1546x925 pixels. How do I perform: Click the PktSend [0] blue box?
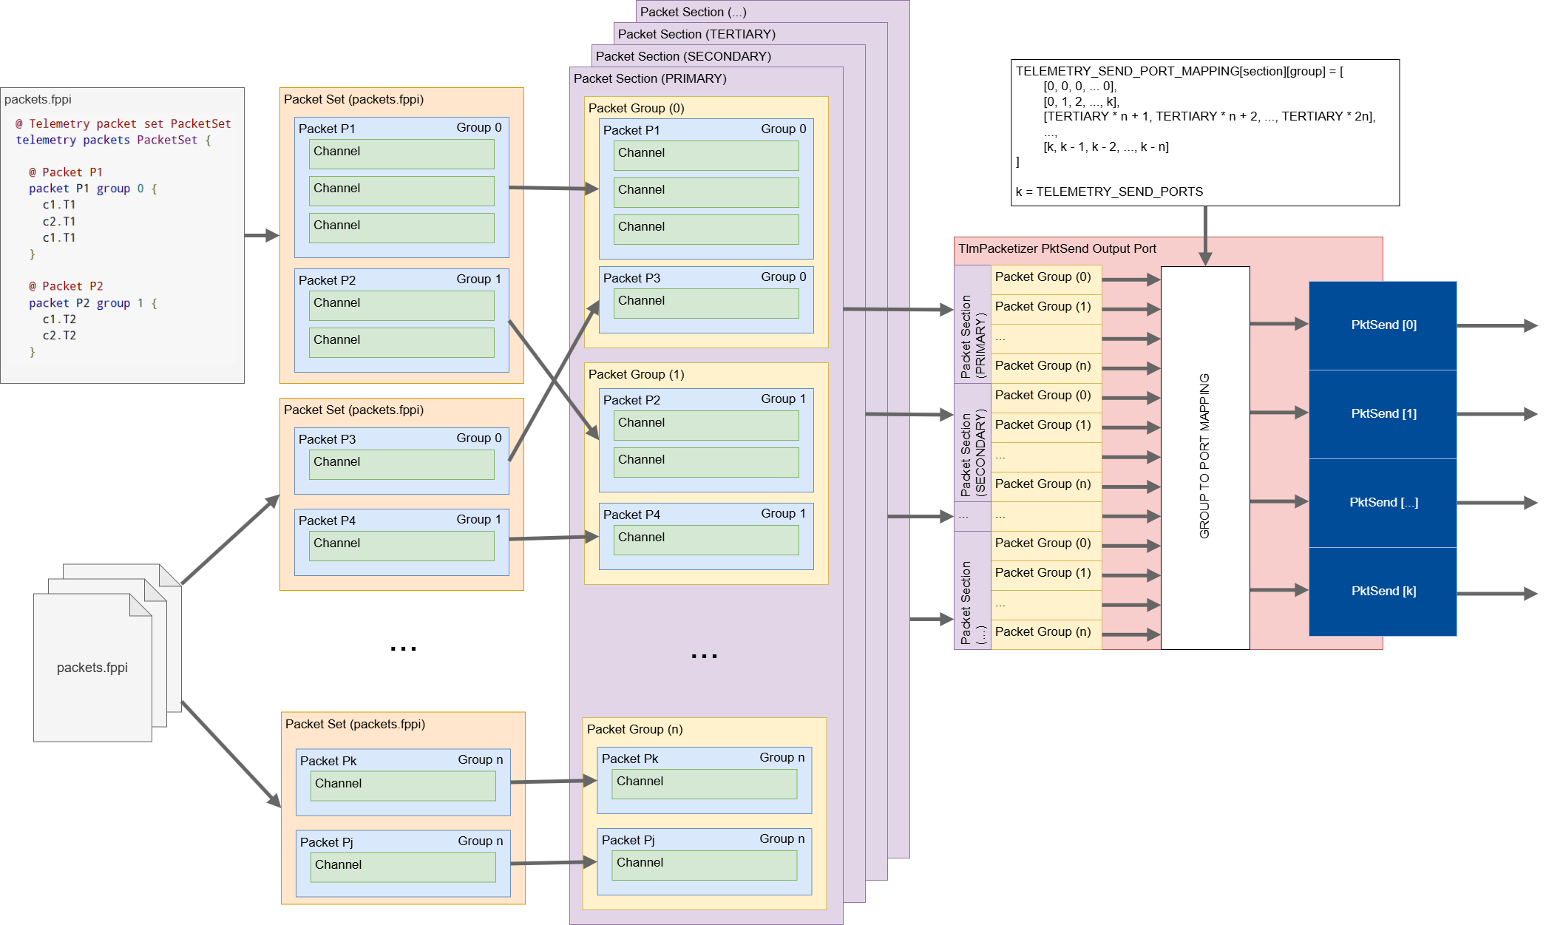[x=1382, y=325]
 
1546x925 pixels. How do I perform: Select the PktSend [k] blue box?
[x=1382, y=591]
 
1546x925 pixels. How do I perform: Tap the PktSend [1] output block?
[x=1382, y=414]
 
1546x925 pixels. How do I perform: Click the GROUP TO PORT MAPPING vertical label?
[x=1204, y=455]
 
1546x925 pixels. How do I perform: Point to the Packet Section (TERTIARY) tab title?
[x=696, y=34]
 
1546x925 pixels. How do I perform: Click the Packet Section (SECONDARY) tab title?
[x=683, y=56]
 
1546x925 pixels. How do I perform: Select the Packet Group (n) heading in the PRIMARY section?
[x=634, y=729]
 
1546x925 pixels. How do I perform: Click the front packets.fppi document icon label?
[x=92, y=668]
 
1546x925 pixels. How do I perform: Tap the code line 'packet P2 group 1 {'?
[x=92, y=303]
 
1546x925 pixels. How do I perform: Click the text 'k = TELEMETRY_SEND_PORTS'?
[x=1109, y=192]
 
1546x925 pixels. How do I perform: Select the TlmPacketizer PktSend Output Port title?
[x=1057, y=248]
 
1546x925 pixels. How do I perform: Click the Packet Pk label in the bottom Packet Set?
[x=328, y=761]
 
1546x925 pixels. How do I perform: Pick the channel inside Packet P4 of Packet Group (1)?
[x=705, y=539]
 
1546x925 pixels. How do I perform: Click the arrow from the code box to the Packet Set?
[x=262, y=235]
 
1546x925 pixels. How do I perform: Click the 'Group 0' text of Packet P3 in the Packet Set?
[x=478, y=438]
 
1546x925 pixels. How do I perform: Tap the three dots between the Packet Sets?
[x=403, y=648]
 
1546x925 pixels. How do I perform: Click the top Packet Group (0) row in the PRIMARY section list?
[x=1044, y=277]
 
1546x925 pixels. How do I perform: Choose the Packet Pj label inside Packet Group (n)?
[x=628, y=840]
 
